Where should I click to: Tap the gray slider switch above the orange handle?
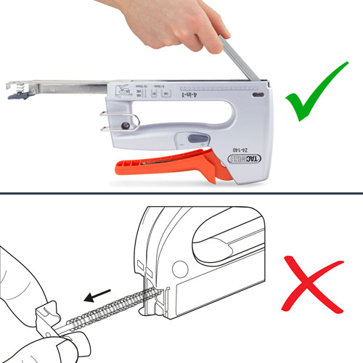tap(195, 139)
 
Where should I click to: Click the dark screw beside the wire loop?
tap(128, 126)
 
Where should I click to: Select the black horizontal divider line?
tap(181, 192)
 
